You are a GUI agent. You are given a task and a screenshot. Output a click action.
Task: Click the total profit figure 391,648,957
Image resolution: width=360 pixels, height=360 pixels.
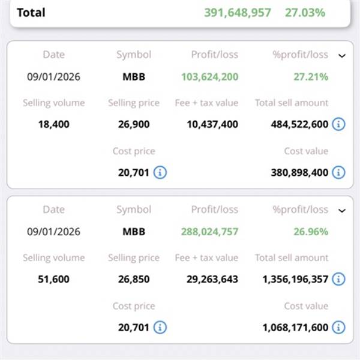click(238, 12)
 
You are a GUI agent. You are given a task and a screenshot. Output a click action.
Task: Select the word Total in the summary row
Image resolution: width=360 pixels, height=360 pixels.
click(31, 12)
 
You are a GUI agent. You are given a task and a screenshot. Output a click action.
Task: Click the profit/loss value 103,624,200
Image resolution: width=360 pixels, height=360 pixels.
click(209, 77)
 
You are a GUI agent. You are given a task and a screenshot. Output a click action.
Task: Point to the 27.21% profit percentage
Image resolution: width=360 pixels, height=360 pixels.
click(311, 77)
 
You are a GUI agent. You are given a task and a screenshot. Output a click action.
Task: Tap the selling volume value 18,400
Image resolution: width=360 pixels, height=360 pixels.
click(53, 125)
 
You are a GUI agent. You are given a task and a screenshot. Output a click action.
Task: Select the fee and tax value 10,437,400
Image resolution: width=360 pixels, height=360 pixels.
click(206, 125)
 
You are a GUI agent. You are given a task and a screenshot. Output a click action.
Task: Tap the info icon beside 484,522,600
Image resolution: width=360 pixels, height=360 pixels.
click(338, 125)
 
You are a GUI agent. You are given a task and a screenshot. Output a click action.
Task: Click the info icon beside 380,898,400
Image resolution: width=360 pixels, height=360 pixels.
click(338, 172)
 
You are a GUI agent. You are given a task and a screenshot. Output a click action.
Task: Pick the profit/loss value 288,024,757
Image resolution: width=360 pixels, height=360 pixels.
click(209, 232)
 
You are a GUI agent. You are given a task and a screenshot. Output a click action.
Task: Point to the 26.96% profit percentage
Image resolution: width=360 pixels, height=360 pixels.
click(311, 232)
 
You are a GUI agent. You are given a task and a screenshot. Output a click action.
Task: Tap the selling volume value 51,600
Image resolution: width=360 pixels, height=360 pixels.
click(53, 280)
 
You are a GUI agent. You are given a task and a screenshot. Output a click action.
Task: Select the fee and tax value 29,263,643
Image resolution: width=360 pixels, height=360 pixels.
click(206, 280)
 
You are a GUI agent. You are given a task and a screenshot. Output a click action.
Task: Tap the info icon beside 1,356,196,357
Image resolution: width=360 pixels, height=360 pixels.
click(338, 280)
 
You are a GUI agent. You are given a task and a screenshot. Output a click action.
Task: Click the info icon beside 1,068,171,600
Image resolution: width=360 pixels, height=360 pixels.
click(338, 328)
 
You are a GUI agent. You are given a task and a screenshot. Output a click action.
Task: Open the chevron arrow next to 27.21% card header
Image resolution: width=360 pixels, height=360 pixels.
click(342, 56)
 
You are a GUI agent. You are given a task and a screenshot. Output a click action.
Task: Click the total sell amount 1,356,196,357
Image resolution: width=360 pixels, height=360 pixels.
click(295, 280)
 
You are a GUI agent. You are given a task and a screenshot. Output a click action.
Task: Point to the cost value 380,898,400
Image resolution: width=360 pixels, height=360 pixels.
click(300, 172)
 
